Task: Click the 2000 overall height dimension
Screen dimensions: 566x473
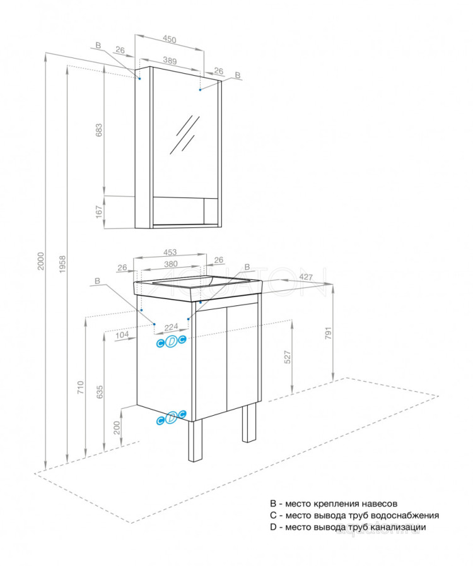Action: (40, 262)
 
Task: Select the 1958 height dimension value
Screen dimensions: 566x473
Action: (60, 264)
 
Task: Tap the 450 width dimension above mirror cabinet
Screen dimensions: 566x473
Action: (169, 40)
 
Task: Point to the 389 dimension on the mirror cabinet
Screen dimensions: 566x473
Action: (169, 61)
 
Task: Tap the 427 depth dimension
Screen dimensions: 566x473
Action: (306, 277)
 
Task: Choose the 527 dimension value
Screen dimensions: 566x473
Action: (287, 357)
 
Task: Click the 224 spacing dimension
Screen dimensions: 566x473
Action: (170, 327)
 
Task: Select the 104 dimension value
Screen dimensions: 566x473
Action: (122, 336)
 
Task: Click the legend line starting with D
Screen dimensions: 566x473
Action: (347, 527)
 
